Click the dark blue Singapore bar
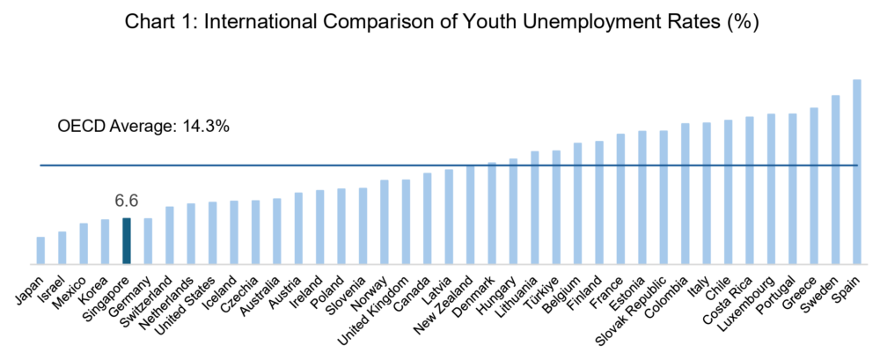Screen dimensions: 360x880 126,240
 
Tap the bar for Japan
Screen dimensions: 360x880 40,250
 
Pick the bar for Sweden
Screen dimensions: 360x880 835,180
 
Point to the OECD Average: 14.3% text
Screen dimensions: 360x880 143,127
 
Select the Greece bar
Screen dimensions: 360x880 813,186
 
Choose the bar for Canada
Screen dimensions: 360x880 427,218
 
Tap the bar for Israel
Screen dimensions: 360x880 62,247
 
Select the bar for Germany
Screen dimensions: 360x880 148,240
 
